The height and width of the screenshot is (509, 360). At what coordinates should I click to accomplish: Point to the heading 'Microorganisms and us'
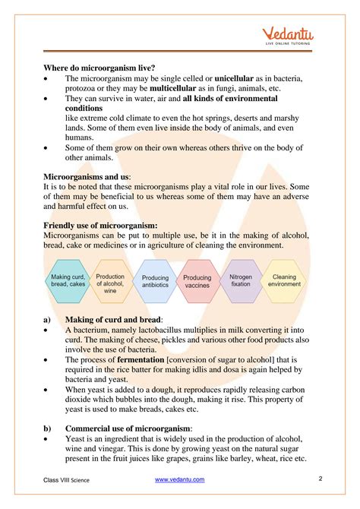(87, 176)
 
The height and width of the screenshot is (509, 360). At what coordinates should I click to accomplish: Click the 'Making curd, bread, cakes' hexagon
(68, 282)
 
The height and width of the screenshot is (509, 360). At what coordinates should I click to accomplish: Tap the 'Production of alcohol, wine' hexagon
(111, 282)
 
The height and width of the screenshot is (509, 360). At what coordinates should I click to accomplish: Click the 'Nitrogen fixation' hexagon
(241, 282)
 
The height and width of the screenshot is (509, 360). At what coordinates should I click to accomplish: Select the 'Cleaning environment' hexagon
(285, 282)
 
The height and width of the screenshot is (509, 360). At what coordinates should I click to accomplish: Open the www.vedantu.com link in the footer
(182, 480)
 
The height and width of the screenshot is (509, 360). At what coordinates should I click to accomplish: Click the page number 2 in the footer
(321, 479)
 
